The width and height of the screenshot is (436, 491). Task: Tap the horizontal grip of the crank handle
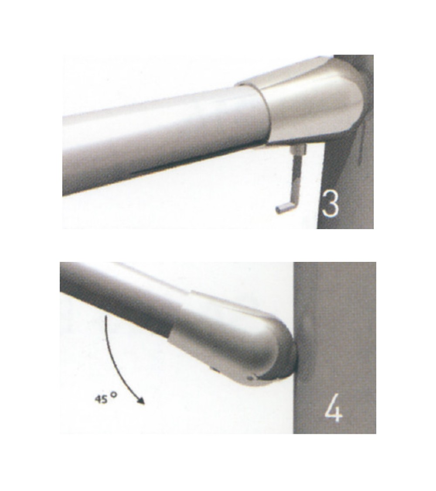[x=284, y=208]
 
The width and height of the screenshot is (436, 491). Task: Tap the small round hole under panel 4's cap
[x=249, y=378]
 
